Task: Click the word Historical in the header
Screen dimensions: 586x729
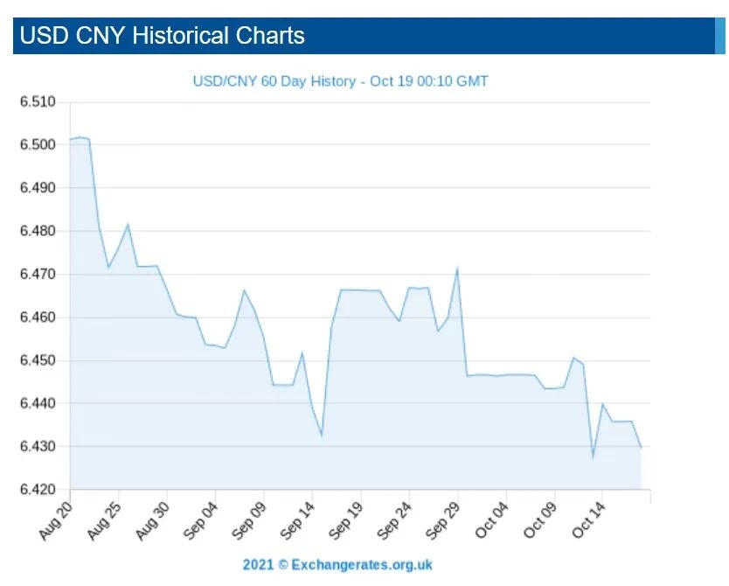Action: (182, 36)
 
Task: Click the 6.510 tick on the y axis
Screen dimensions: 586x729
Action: (38, 101)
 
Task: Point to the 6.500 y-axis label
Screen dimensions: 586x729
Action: (38, 144)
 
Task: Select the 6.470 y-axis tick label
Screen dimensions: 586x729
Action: (38, 274)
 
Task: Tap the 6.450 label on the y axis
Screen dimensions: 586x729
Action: (38, 360)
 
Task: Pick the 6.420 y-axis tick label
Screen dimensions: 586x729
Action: (38, 489)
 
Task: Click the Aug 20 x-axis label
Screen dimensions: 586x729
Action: (56, 520)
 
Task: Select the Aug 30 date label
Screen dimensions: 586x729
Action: (153, 520)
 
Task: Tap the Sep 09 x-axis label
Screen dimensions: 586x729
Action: (249, 520)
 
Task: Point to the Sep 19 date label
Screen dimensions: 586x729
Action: (346, 520)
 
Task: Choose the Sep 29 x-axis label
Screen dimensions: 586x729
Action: (442, 520)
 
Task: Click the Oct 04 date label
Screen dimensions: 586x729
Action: (490, 520)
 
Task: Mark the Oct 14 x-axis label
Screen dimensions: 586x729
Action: (587, 520)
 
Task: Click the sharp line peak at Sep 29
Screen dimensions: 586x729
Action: (457, 268)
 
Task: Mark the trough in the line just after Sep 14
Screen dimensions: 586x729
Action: (322, 436)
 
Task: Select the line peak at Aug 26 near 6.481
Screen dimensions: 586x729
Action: (128, 224)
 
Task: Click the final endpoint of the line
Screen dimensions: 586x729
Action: (641, 448)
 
